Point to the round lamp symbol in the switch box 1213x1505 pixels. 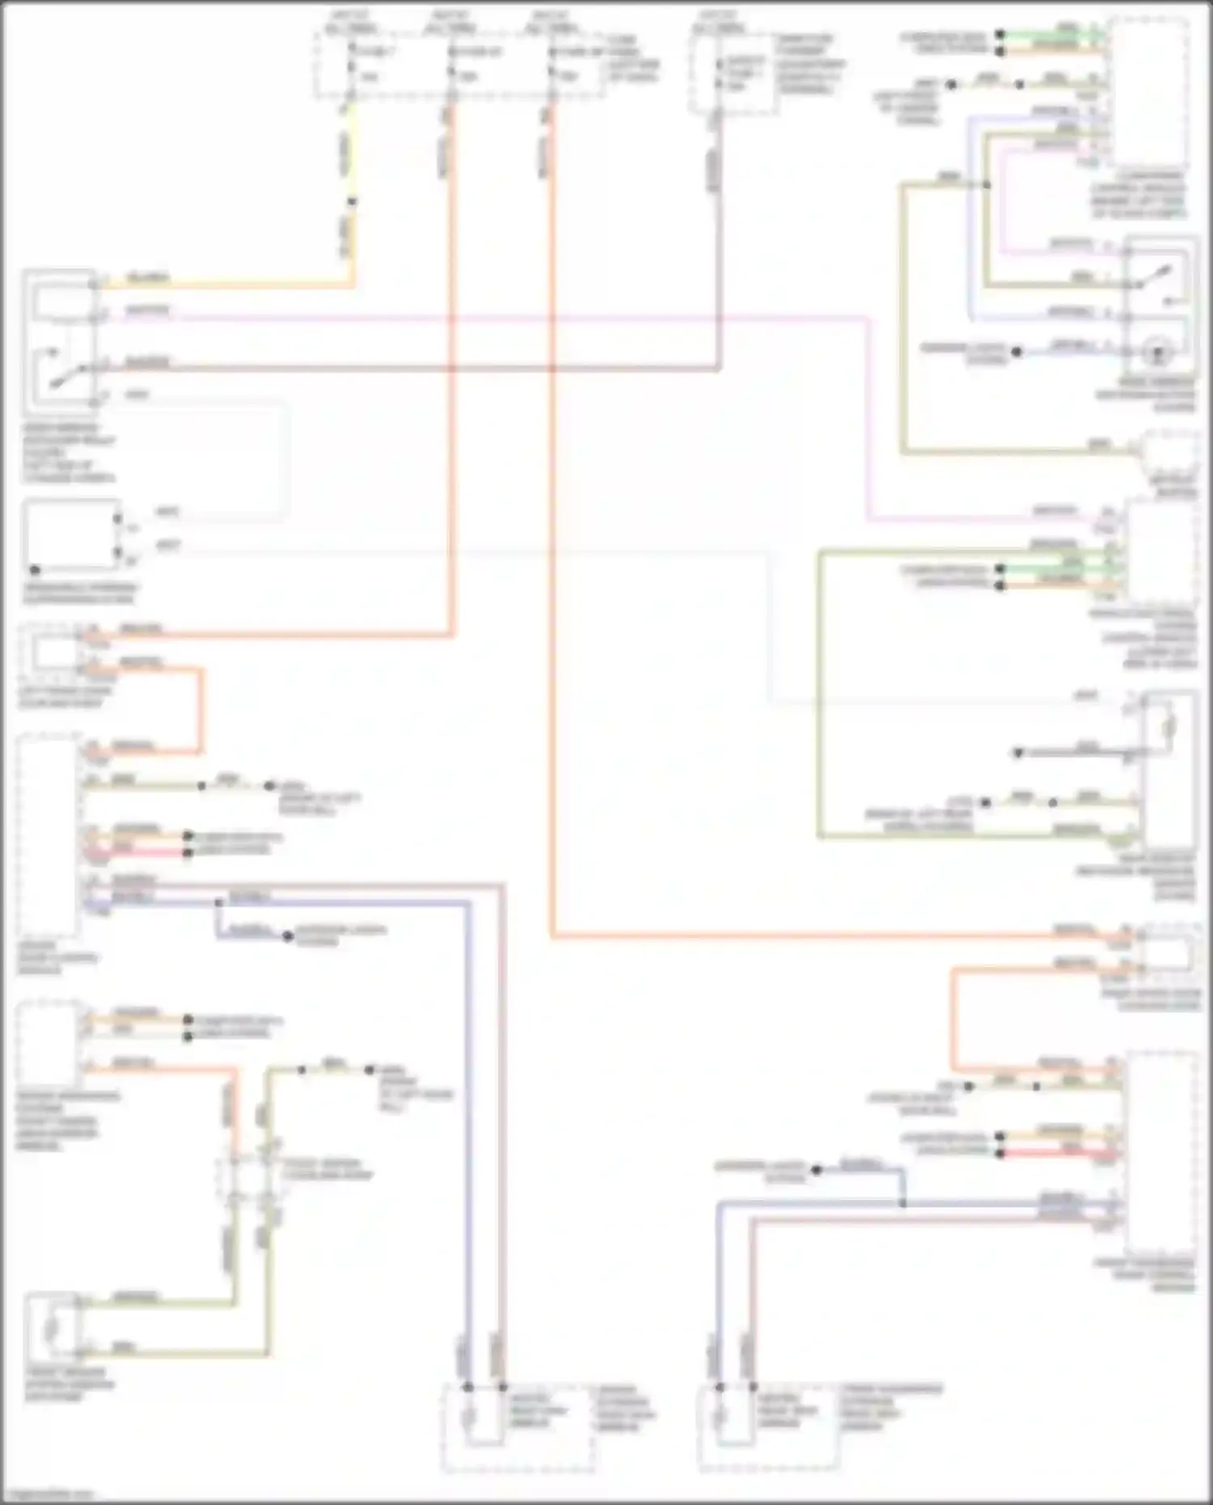click(1160, 353)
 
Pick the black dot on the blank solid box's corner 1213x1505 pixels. click(35, 569)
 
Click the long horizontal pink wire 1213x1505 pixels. click(485, 316)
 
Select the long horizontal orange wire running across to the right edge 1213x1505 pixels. click(809, 936)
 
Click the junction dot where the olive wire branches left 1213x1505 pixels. click(986, 185)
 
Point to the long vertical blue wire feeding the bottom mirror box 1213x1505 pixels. click(468, 1132)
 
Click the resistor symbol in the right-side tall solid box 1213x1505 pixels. click(1167, 728)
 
